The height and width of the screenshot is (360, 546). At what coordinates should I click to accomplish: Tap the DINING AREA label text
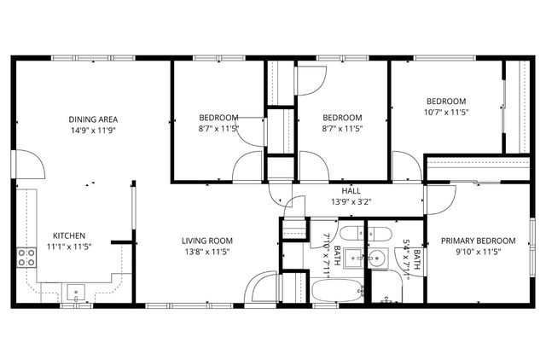pos(94,119)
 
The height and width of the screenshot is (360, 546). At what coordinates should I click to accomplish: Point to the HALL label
pos(351,190)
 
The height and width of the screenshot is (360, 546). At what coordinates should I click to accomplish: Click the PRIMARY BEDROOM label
pos(479,241)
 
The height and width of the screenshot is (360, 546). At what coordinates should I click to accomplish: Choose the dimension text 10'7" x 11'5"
pos(447,112)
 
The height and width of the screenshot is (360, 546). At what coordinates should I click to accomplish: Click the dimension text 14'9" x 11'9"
pos(94,131)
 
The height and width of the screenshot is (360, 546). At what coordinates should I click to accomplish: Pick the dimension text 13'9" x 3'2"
pos(351,201)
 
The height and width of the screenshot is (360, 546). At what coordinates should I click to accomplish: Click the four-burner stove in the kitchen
pos(26,258)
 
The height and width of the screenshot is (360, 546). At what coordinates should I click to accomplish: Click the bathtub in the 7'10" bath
pos(333,291)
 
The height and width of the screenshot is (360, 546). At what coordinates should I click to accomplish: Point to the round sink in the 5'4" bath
pos(376,260)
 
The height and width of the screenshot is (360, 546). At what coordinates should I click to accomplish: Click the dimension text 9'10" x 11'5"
pos(479,252)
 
